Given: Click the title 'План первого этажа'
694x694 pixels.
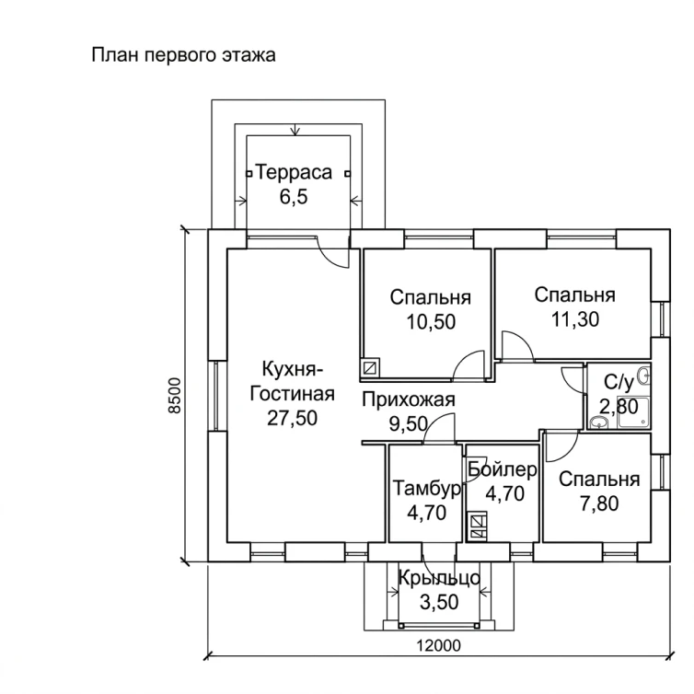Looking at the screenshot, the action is point(184,56).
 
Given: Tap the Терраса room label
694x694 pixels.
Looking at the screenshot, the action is point(294,172).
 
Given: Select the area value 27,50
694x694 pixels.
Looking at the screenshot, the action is point(292,418).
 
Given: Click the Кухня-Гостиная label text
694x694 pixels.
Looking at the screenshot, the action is point(292,381).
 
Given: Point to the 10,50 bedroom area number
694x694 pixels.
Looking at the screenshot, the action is point(431,322).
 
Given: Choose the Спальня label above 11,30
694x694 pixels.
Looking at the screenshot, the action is point(574,295).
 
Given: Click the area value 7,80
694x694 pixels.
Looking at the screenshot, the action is point(599,503).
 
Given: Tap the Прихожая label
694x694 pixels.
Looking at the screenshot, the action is point(409,399).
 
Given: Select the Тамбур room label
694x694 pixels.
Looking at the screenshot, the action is point(427,489).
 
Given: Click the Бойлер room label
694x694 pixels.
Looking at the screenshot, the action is point(503,469).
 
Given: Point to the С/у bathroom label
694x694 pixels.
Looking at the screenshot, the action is point(619,382).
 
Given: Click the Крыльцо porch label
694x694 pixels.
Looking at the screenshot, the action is point(439,578).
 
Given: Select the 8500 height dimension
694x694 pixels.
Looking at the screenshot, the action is point(176,395).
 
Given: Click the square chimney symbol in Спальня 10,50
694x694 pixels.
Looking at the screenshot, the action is point(370,367).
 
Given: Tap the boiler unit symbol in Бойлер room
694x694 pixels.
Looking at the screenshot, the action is point(477,526).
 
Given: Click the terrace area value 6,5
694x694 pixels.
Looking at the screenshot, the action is point(294,197).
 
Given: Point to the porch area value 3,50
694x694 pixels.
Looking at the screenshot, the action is point(439,602).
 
